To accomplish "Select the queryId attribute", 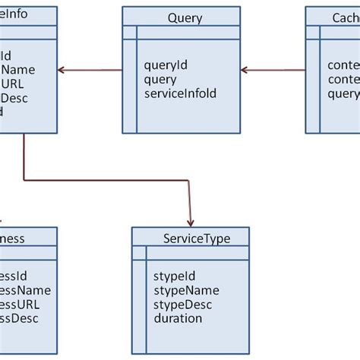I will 165,65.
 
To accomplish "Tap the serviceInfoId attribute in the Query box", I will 180,93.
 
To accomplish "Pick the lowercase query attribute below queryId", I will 160,80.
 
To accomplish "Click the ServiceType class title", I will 196,238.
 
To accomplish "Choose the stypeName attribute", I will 185,290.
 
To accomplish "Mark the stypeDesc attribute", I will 183,305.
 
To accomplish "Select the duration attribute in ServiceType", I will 178,318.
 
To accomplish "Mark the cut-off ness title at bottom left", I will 13,238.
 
